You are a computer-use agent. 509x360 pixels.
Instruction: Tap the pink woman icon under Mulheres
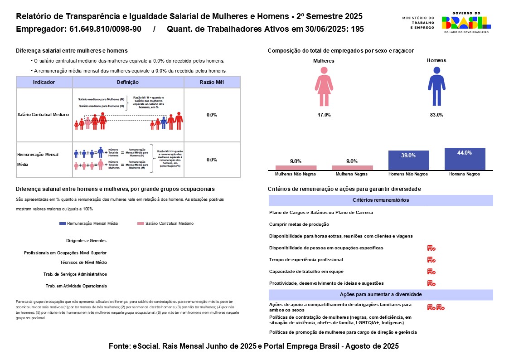324,87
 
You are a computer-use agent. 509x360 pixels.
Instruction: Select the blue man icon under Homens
436,87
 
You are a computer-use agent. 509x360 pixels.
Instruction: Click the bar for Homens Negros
465,159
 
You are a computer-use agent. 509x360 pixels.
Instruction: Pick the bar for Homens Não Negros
408,161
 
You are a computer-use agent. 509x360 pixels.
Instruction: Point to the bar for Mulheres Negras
352,168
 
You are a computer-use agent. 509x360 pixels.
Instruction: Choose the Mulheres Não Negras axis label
296,174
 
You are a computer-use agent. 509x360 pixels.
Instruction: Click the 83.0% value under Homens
436,115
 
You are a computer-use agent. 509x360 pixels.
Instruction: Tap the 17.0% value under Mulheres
324,115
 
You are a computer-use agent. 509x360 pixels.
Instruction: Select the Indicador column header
44,82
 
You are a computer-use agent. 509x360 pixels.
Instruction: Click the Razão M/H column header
212,82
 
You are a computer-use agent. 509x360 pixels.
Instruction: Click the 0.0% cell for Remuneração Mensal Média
212,160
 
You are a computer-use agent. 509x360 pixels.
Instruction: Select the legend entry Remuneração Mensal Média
89,224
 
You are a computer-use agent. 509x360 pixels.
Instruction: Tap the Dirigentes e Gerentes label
86,241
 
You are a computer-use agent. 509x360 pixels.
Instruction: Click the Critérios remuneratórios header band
381,200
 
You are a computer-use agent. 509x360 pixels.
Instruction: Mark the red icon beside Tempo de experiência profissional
431,260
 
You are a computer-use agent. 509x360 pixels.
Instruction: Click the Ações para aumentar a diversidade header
381,294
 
